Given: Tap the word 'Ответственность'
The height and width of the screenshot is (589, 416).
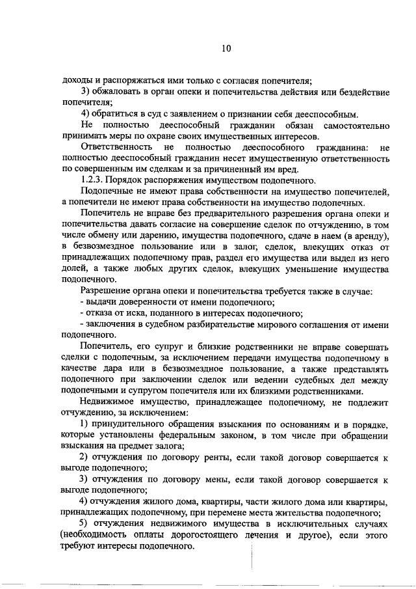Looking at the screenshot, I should coord(115,148).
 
